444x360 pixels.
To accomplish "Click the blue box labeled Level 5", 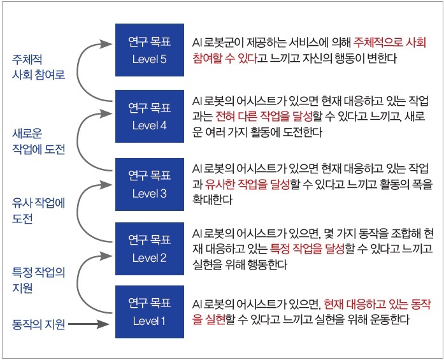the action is pyautogui.click(x=150, y=50).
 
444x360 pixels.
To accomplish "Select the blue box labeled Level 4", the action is pyautogui.click(x=150, y=116).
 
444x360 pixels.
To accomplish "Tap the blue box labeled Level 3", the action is pyautogui.click(x=150, y=184).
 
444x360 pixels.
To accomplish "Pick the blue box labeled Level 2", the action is pyautogui.click(x=150, y=248).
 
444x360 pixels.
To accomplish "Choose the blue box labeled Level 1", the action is pyautogui.click(x=150, y=312).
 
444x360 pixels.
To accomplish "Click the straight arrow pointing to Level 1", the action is pyautogui.click(x=89, y=324).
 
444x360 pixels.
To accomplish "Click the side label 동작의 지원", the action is pyautogui.click(x=38, y=324).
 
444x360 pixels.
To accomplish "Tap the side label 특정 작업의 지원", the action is pyautogui.click(x=38, y=280).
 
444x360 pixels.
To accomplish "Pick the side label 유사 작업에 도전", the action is pyautogui.click(x=38, y=210).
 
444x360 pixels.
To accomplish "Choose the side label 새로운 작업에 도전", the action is pyautogui.click(x=38, y=141).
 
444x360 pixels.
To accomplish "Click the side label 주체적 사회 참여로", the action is pyautogui.click(x=38, y=67).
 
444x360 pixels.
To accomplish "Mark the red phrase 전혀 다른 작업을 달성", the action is pyautogui.click(x=264, y=116).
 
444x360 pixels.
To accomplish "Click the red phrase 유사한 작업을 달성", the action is pyautogui.click(x=247, y=184).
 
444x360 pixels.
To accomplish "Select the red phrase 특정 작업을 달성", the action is pyautogui.click(x=308, y=248).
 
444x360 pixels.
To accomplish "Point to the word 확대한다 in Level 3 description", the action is pyautogui.click(x=212, y=199).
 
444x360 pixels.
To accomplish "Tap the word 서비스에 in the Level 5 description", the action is pyautogui.click(x=309, y=43).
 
